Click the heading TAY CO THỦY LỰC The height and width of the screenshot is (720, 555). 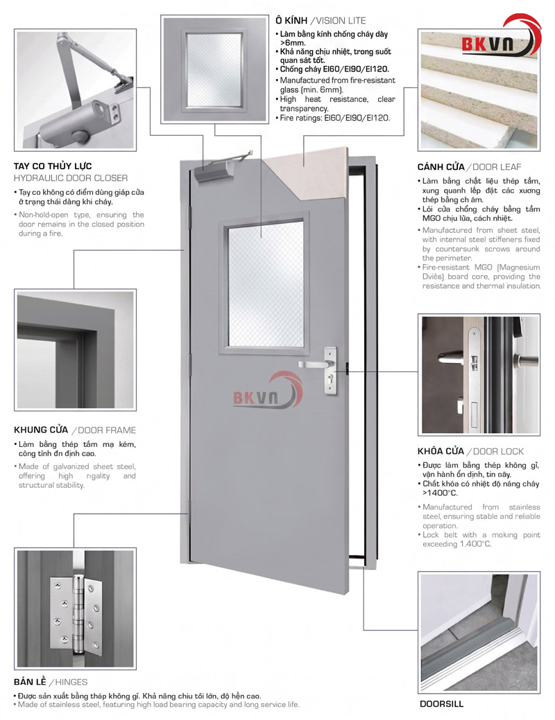[x=53, y=166]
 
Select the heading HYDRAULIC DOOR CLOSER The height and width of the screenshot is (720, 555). [x=70, y=178]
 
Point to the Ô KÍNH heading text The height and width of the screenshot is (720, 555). [x=291, y=20]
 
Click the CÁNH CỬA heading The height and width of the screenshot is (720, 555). [x=441, y=167]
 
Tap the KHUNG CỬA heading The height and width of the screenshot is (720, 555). [x=41, y=430]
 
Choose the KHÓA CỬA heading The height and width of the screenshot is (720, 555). [x=441, y=451]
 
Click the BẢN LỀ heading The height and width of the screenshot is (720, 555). [x=30, y=682]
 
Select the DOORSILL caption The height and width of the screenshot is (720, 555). [x=441, y=704]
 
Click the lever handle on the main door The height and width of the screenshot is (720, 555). [x=314, y=364]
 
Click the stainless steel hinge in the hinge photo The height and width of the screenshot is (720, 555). [x=76, y=615]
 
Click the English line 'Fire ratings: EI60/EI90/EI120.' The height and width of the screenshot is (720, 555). [x=335, y=118]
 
